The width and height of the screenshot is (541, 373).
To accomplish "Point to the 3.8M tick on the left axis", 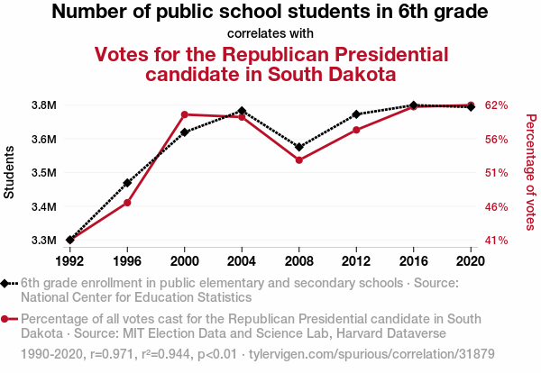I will [x=44, y=105].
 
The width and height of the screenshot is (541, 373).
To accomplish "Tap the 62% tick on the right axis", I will [x=497, y=105].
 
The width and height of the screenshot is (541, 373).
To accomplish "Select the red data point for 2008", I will [x=299, y=160].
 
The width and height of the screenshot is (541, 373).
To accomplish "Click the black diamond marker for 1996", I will [x=127, y=183].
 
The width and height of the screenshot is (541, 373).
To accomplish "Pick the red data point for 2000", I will [x=185, y=114].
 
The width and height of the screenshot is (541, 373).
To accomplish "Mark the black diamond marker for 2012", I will [x=356, y=114].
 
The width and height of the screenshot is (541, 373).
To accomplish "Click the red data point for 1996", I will [x=127, y=203].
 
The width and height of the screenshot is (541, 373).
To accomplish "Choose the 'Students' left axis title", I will [x=10, y=173].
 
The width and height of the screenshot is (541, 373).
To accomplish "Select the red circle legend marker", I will [x=7, y=319].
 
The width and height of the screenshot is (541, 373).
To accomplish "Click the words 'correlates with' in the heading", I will [x=270, y=33].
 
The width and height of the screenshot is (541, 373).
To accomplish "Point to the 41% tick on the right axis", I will [x=497, y=241].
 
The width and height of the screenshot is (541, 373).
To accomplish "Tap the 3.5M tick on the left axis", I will [x=44, y=173].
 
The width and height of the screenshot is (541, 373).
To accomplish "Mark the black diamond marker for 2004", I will [x=242, y=111].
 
